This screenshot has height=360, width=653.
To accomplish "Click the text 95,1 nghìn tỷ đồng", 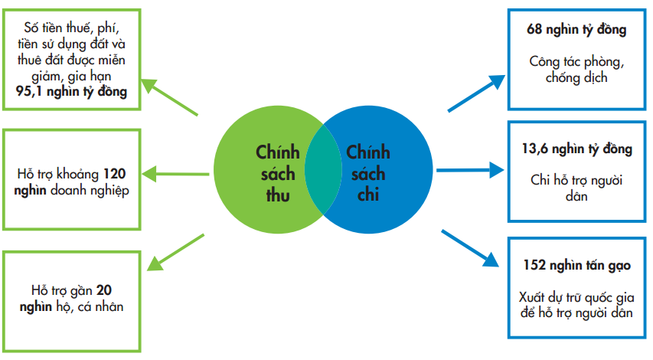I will pyautogui.click(x=72, y=90).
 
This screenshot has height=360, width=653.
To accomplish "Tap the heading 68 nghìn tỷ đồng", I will pyautogui.click(x=576, y=31).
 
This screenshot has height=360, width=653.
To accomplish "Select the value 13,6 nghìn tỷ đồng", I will pyautogui.click(x=576, y=149).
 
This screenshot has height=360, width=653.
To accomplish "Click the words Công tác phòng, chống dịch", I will pyautogui.click(x=576, y=69).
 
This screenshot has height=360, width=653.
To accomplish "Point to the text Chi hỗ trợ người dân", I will pyautogui.click(x=576, y=188).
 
